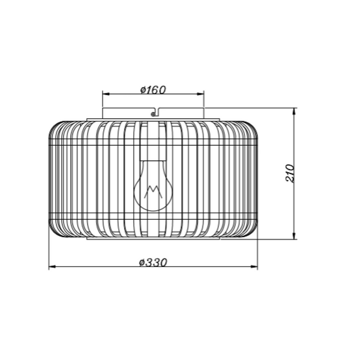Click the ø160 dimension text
point(153,90)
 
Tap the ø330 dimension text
point(153,263)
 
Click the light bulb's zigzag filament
point(152,192)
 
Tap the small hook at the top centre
point(154,111)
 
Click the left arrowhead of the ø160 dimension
point(105,94)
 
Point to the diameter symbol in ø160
point(143,90)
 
